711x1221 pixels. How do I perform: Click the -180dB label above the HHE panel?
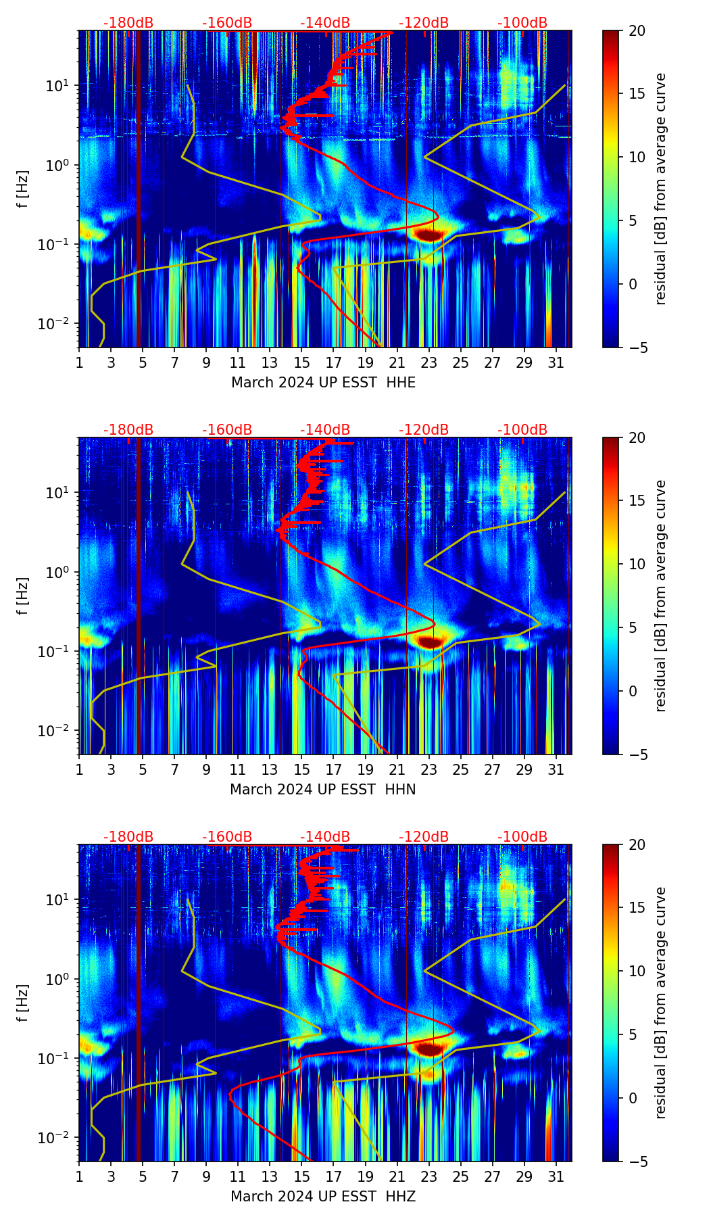(128, 23)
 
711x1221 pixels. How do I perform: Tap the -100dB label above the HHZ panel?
(522, 837)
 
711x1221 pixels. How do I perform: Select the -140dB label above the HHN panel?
(325, 430)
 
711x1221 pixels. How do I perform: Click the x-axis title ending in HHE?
(323, 383)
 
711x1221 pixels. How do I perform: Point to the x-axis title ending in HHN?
(323, 790)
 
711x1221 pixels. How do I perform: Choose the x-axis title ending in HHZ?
(323, 1197)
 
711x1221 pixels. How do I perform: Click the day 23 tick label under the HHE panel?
(428, 362)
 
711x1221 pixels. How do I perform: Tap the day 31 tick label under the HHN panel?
(556, 769)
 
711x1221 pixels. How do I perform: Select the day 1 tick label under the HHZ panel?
(79, 1176)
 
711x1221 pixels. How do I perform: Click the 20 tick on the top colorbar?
(637, 30)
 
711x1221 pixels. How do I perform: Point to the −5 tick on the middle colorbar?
(637, 754)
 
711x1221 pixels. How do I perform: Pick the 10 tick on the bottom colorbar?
(637, 971)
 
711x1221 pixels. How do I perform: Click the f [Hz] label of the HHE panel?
(23, 189)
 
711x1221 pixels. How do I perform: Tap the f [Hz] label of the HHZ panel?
(23, 1003)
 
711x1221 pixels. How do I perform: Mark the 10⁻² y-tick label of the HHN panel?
(53, 731)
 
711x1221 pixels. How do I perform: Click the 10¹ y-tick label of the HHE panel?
(54, 86)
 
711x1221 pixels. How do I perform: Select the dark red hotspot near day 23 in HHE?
(428, 235)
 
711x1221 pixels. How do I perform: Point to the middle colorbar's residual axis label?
(661, 596)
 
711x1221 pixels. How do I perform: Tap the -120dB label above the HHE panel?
(424, 23)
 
